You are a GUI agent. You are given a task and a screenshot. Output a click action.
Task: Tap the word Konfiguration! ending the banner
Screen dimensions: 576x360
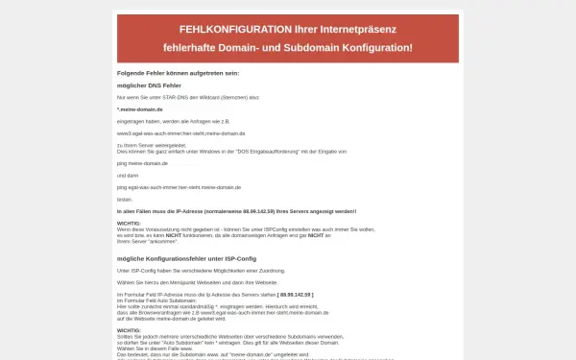pos(369,47)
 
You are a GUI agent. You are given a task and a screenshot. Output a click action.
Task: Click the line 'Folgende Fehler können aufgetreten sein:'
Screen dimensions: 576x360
pos(178,73)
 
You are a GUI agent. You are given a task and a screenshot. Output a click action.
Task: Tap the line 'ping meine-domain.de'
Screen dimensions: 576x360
pos(142,163)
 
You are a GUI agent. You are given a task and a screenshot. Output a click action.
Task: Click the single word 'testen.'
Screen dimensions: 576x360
pos(124,199)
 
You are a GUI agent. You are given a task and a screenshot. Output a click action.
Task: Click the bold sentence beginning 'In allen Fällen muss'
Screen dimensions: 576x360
pos(236,210)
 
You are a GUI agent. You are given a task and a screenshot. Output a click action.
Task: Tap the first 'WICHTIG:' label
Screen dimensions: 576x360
pos(129,223)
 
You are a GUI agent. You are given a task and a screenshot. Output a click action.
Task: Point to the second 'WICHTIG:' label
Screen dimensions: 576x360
pos(129,329)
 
